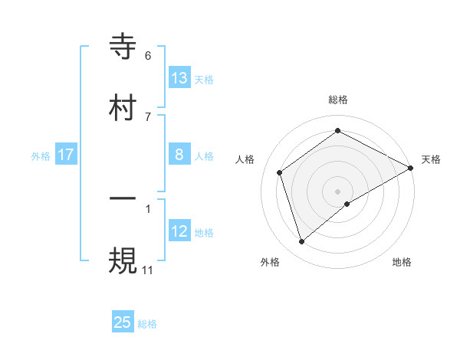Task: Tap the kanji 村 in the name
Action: click(123, 108)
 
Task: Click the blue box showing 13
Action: click(179, 77)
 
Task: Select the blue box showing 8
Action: click(179, 155)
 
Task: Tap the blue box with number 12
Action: click(179, 231)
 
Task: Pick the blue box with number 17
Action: click(66, 155)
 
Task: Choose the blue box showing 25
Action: click(123, 322)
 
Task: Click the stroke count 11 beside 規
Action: click(148, 270)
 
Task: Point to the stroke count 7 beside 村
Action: click(148, 116)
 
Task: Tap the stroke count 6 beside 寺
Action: click(148, 56)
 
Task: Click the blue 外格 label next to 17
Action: click(41, 155)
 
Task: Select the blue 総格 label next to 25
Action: click(147, 323)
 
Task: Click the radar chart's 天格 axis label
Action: click(431, 159)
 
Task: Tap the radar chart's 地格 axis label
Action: click(402, 262)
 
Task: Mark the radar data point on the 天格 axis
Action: click(411, 168)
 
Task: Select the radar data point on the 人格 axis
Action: click(280, 172)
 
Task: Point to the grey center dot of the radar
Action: click(338, 191)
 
